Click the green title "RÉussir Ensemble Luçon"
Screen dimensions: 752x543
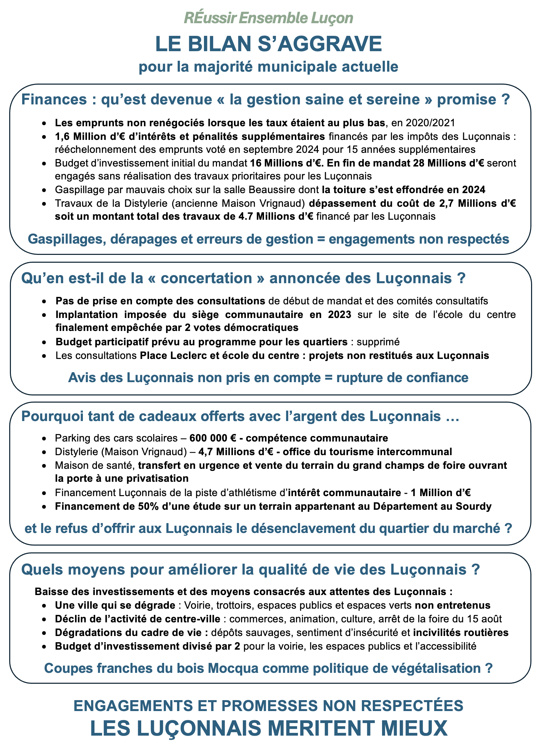click(x=268, y=18)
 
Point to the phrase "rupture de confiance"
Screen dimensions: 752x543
click(x=402, y=378)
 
